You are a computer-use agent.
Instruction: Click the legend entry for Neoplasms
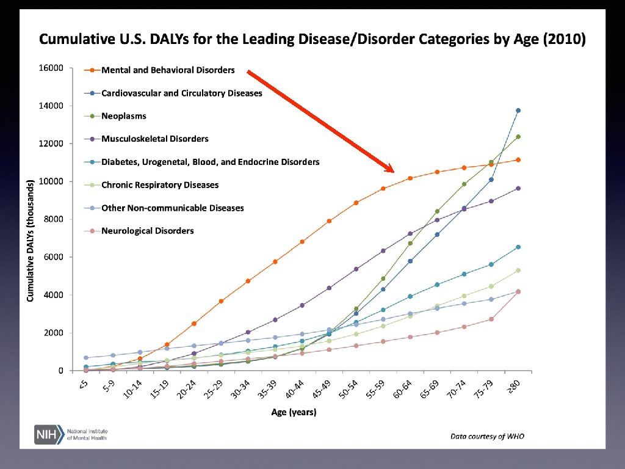(x=123, y=116)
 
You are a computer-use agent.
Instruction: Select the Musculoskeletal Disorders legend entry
(x=154, y=139)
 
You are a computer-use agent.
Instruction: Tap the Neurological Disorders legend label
(x=147, y=231)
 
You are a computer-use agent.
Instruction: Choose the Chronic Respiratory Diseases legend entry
(x=159, y=185)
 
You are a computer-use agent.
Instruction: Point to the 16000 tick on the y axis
(x=52, y=68)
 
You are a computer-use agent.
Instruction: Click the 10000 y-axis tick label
(x=52, y=181)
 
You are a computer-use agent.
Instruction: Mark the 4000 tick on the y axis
(x=54, y=295)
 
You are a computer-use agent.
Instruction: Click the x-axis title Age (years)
(x=294, y=413)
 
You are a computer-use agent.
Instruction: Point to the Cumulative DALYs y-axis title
(x=30, y=239)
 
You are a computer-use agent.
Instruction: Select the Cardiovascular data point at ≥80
(x=518, y=111)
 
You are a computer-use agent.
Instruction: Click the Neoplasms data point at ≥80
(x=518, y=137)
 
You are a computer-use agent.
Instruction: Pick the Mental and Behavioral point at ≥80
(x=518, y=160)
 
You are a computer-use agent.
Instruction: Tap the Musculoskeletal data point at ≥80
(x=518, y=188)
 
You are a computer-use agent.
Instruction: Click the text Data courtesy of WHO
(x=487, y=436)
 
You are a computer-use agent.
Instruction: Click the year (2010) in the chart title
(x=565, y=40)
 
